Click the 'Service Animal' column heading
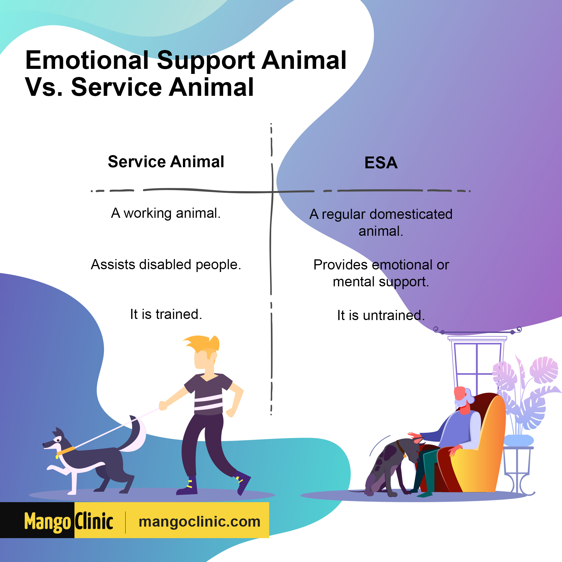click(x=166, y=162)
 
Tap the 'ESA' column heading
click(x=381, y=163)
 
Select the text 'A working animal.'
click(x=166, y=213)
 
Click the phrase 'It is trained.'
click(x=166, y=314)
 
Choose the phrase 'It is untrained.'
click(x=381, y=315)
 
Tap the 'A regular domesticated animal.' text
click(x=381, y=223)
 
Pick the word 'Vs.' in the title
click(x=44, y=87)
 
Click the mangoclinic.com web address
click(x=200, y=522)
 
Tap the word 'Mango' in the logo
click(x=48, y=522)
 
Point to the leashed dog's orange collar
click(x=66, y=451)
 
